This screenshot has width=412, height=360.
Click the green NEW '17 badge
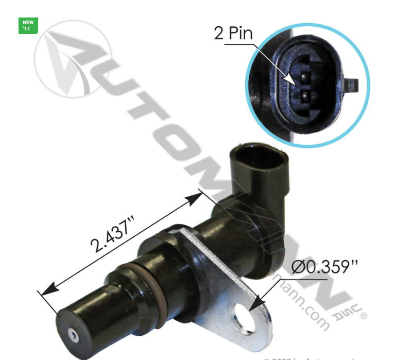[28, 26]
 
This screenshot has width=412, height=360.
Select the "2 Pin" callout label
[233, 33]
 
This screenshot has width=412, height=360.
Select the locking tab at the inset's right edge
[352, 83]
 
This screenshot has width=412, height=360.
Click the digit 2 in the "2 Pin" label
[219, 34]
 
